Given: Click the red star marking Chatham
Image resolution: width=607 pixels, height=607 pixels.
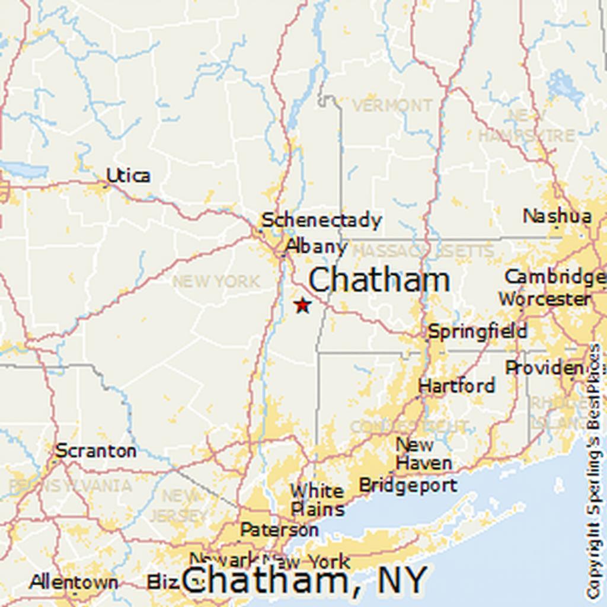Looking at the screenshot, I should click(x=302, y=305).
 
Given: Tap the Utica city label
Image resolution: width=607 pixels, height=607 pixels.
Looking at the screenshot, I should click(x=128, y=175).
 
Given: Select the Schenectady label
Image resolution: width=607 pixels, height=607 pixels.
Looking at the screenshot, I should click(x=322, y=221).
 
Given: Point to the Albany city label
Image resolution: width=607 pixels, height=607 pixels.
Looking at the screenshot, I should click(x=316, y=246).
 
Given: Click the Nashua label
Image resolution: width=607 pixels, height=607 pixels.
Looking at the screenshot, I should click(x=557, y=216).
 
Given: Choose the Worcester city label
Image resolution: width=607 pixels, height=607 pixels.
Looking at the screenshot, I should click(x=544, y=299).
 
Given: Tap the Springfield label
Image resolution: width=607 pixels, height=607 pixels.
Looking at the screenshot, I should click(x=477, y=331).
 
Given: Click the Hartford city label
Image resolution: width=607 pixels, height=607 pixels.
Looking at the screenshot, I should click(x=456, y=386).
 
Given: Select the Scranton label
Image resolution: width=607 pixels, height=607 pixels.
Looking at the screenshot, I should click(x=95, y=451).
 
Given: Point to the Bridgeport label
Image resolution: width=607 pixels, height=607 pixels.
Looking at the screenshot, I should click(x=408, y=485).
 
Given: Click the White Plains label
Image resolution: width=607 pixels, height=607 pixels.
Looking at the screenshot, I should click(x=317, y=500).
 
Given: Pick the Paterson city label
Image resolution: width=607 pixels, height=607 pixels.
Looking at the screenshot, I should click(x=279, y=529).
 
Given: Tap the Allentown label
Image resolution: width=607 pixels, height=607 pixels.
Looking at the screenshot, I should click(x=74, y=582).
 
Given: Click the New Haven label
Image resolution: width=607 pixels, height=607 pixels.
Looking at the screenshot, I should click(x=423, y=453).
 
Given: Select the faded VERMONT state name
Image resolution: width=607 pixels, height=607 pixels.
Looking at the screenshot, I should click(x=392, y=106).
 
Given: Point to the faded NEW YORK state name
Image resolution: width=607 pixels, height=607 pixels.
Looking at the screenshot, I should click(x=216, y=281).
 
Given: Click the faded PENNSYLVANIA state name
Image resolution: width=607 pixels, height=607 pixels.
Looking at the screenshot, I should click(x=70, y=486).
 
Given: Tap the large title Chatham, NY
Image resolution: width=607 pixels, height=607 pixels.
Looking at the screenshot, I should click(x=304, y=580).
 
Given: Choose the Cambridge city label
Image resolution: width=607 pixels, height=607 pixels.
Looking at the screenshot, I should click(x=554, y=277).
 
